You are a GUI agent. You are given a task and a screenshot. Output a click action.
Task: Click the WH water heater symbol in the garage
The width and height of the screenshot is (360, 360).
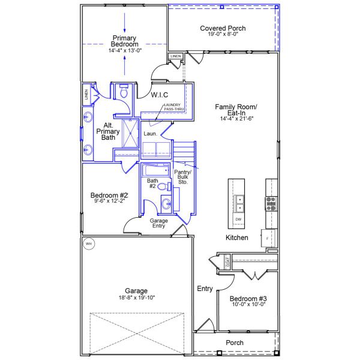(x=89, y=244)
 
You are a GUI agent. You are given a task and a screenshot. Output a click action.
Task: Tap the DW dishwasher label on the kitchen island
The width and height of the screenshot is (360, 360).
(x=238, y=220)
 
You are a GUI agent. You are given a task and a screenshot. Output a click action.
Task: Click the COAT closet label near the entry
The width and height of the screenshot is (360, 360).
(x=227, y=262)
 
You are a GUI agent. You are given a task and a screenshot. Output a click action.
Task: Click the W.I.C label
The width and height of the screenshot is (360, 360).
(x=159, y=95)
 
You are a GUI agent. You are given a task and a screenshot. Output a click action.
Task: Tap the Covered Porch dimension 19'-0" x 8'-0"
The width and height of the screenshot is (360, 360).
(x=223, y=35)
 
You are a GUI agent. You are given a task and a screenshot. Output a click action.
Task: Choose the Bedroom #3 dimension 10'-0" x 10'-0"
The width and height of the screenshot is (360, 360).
(x=248, y=304)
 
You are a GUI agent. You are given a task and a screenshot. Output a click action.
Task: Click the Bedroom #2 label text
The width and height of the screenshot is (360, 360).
(x=109, y=195)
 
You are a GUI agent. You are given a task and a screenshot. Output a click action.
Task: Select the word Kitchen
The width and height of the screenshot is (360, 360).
(x=236, y=238)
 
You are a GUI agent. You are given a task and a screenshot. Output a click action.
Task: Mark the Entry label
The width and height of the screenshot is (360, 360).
(x=205, y=289)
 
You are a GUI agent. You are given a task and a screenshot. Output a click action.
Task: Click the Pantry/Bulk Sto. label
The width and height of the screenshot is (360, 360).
(x=181, y=177)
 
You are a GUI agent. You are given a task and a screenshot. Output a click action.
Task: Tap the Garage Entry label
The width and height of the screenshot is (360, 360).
(x=158, y=224)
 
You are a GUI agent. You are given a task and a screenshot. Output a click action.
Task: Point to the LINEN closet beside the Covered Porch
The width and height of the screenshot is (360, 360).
(x=175, y=56)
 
